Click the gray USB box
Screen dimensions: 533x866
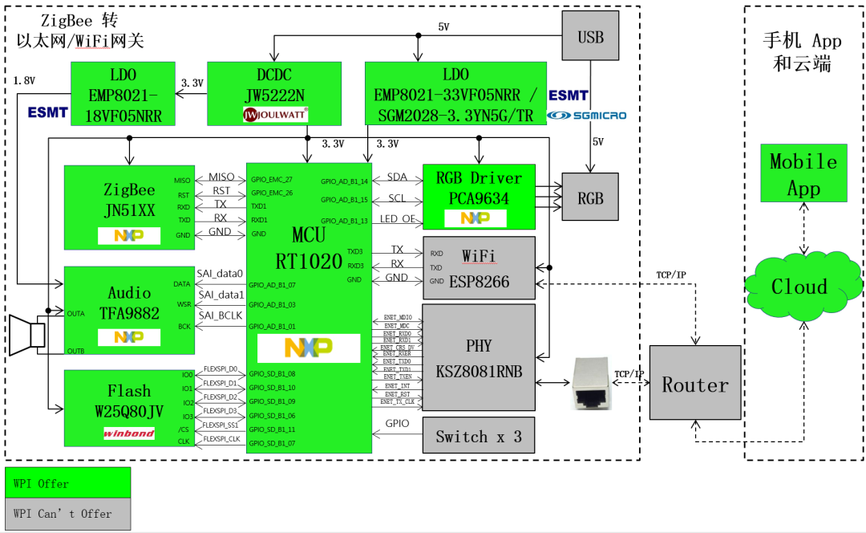591,38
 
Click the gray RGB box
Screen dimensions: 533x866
591,197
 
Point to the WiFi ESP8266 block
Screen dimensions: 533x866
479,268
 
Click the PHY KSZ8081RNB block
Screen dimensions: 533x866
479,357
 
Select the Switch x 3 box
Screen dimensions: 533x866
479,437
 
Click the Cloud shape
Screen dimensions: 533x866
799,287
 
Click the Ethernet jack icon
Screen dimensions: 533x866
593,383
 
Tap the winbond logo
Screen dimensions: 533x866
128,433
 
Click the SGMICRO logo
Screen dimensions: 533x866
588,116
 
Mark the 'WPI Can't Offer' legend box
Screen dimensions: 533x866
67,514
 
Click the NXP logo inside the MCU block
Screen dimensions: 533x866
309,348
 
